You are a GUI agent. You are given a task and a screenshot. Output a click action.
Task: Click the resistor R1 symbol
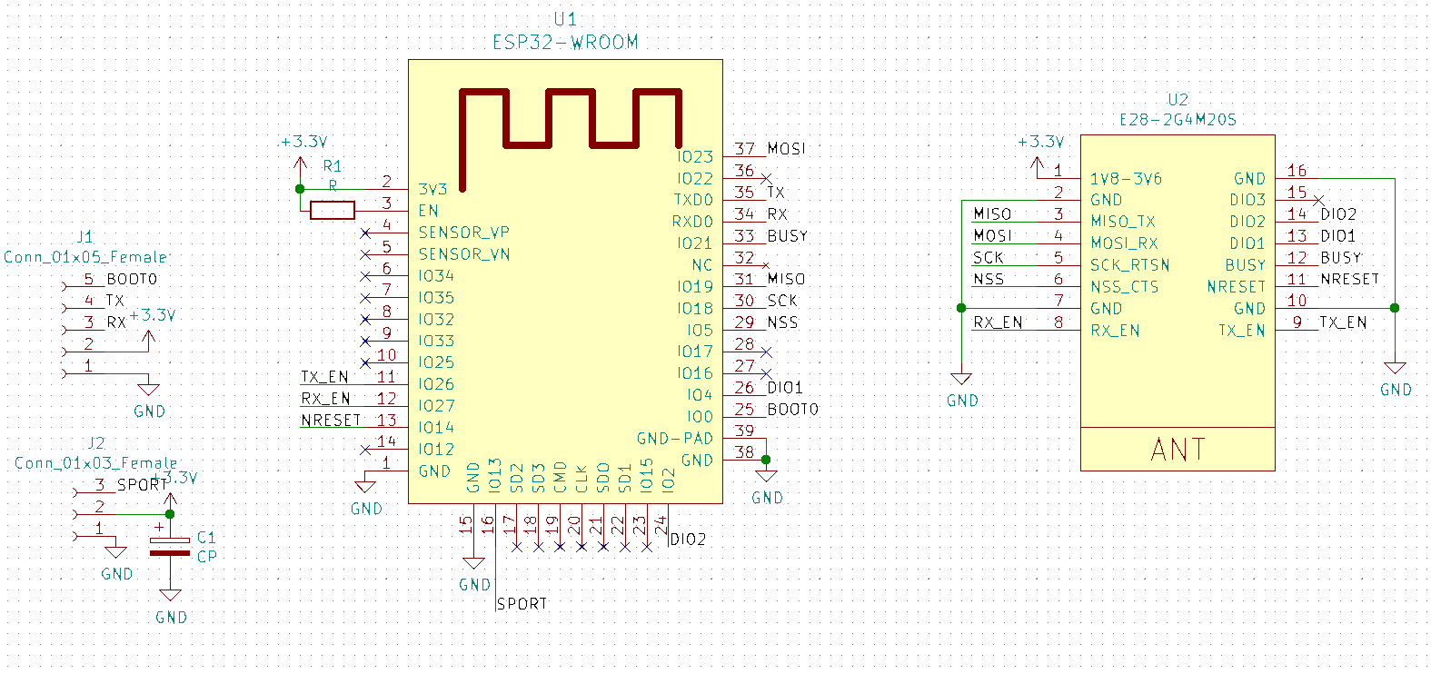pyautogui.click(x=332, y=211)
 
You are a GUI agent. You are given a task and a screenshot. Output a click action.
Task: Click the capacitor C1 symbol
pyautogui.click(x=170, y=546)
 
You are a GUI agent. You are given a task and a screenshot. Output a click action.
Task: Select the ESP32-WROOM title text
pyautogui.click(x=565, y=42)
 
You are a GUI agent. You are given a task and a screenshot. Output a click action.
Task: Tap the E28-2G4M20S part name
pyautogui.click(x=1178, y=119)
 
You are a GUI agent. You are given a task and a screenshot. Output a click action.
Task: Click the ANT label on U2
pyautogui.click(x=1178, y=450)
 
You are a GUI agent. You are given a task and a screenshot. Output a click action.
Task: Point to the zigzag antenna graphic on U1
pyautogui.click(x=571, y=127)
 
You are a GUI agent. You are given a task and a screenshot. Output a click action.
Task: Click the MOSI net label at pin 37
pyautogui.click(x=786, y=148)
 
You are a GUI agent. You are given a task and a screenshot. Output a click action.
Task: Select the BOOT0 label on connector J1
pyautogui.click(x=132, y=279)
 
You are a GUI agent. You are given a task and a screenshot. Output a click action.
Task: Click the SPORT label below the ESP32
pyautogui.click(x=522, y=603)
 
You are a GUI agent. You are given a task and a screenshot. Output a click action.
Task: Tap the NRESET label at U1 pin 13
pyautogui.click(x=331, y=420)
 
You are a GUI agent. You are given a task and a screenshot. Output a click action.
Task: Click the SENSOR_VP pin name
pyautogui.click(x=463, y=233)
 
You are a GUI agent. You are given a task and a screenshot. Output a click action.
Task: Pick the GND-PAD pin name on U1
pyautogui.click(x=675, y=439)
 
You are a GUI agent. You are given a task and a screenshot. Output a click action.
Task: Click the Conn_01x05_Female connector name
pyautogui.click(x=85, y=257)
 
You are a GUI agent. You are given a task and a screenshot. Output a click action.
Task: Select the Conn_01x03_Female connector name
pyautogui.click(x=95, y=463)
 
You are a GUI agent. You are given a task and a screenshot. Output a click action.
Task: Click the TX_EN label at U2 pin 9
pyautogui.click(x=1343, y=322)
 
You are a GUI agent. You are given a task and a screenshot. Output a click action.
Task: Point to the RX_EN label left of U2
pyautogui.click(x=998, y=322)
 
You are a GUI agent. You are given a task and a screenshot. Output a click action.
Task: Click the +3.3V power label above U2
pyautogui.click(x=1040, y=142)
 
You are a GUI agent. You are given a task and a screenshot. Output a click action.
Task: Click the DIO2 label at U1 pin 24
pyautogui.click(x=688, y=540)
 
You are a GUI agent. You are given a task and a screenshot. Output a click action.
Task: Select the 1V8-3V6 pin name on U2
pyautogui.click(x=1126, y=179)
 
